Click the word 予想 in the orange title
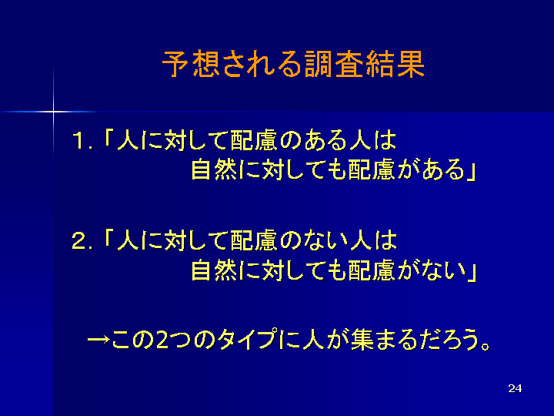point(191,64)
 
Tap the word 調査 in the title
point(334,64)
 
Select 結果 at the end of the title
point(395,64)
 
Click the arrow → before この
point(98,340)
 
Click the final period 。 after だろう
point(486,346)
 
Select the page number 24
point(515,388)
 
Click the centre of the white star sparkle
point(53,112)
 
